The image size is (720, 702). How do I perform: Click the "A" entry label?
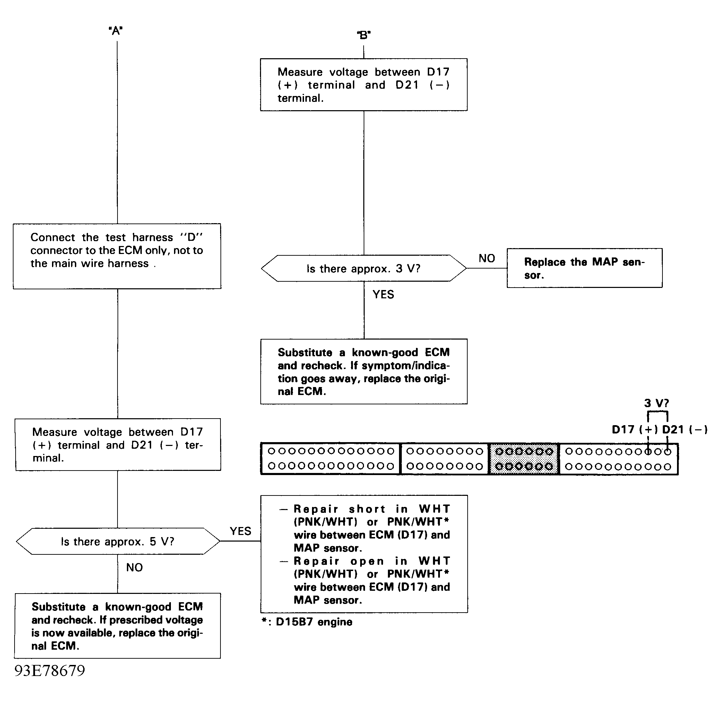(116, 30)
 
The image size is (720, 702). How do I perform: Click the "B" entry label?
(364, 35)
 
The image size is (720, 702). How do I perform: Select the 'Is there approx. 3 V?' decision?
(363, 269)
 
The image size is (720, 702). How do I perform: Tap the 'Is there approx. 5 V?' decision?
(118, 541)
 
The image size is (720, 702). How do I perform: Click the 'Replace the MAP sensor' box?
(584, 268)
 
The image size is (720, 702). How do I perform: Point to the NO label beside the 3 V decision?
(486, 258)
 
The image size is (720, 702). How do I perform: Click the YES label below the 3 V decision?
(383, 295)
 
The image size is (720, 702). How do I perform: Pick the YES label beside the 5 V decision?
(240, 531)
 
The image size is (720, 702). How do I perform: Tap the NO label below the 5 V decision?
(134, 568)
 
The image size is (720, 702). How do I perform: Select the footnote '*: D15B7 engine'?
(307, 622)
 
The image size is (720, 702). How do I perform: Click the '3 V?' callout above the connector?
(657, 403)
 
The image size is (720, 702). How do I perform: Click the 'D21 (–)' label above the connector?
(685, 430)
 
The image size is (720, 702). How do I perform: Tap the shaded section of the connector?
(524, 459)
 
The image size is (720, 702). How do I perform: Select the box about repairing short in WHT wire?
(364, 554)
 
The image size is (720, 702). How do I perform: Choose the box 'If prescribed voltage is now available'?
(117, 626)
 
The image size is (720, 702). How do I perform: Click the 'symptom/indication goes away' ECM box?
(364, 372)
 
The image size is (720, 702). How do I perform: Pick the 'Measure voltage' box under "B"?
(364, 85)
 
